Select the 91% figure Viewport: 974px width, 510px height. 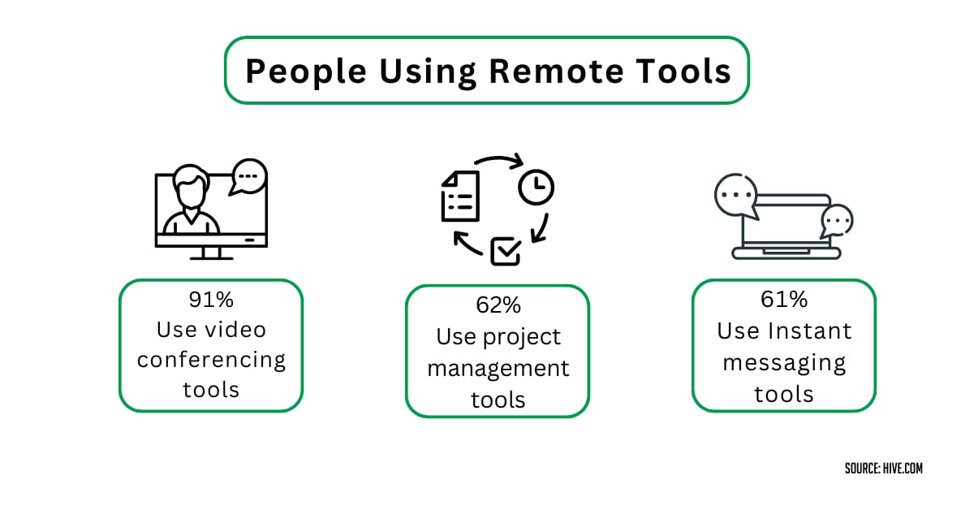tap(211, 300)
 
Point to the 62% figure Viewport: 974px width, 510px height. tap(498, 305)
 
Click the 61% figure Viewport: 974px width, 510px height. tap(784, 300)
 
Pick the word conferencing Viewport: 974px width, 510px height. tap(211, 360)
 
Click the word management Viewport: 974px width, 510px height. tap(498, 368)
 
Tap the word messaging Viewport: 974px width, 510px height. tap(784, 362)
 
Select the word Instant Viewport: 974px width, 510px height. tap(807, 331)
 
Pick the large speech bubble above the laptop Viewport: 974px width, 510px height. tap(735, 196)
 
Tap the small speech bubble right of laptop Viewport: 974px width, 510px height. tap(836, 220)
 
